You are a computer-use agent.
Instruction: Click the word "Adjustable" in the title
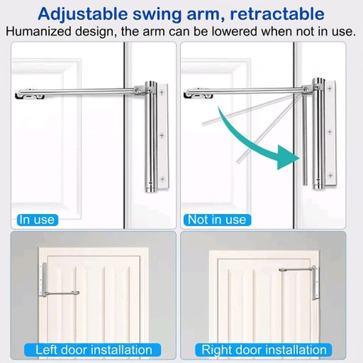[x=83, y=14]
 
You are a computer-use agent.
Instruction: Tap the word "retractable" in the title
[x=277, y=14]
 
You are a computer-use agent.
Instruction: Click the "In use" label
[x=37, y=220]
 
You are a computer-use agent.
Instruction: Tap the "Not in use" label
[x=217, y=220]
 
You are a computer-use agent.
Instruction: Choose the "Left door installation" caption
[x=92, y=350]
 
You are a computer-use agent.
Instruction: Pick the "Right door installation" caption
[x=263, y=350]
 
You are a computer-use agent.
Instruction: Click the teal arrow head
[x=288, y=157]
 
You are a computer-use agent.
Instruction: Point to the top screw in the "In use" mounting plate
[x=162, y=92]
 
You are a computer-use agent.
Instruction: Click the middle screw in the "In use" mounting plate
[x=162, y=135]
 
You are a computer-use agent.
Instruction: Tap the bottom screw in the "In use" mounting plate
[x=163, y=179]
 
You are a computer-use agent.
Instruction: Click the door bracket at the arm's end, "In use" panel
[x=29, y=94]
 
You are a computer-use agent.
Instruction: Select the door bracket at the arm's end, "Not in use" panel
[x=198, y=93]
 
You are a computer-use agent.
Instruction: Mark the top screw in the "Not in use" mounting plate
[x=330, y=88]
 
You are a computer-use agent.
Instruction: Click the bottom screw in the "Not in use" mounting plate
[x=330, y=175]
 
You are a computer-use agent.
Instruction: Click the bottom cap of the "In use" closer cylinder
[x=150, y=188]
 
